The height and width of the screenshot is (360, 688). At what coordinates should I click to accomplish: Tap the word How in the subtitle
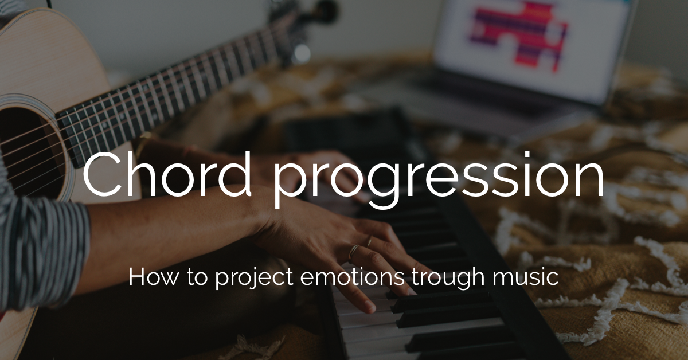[148, 277]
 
